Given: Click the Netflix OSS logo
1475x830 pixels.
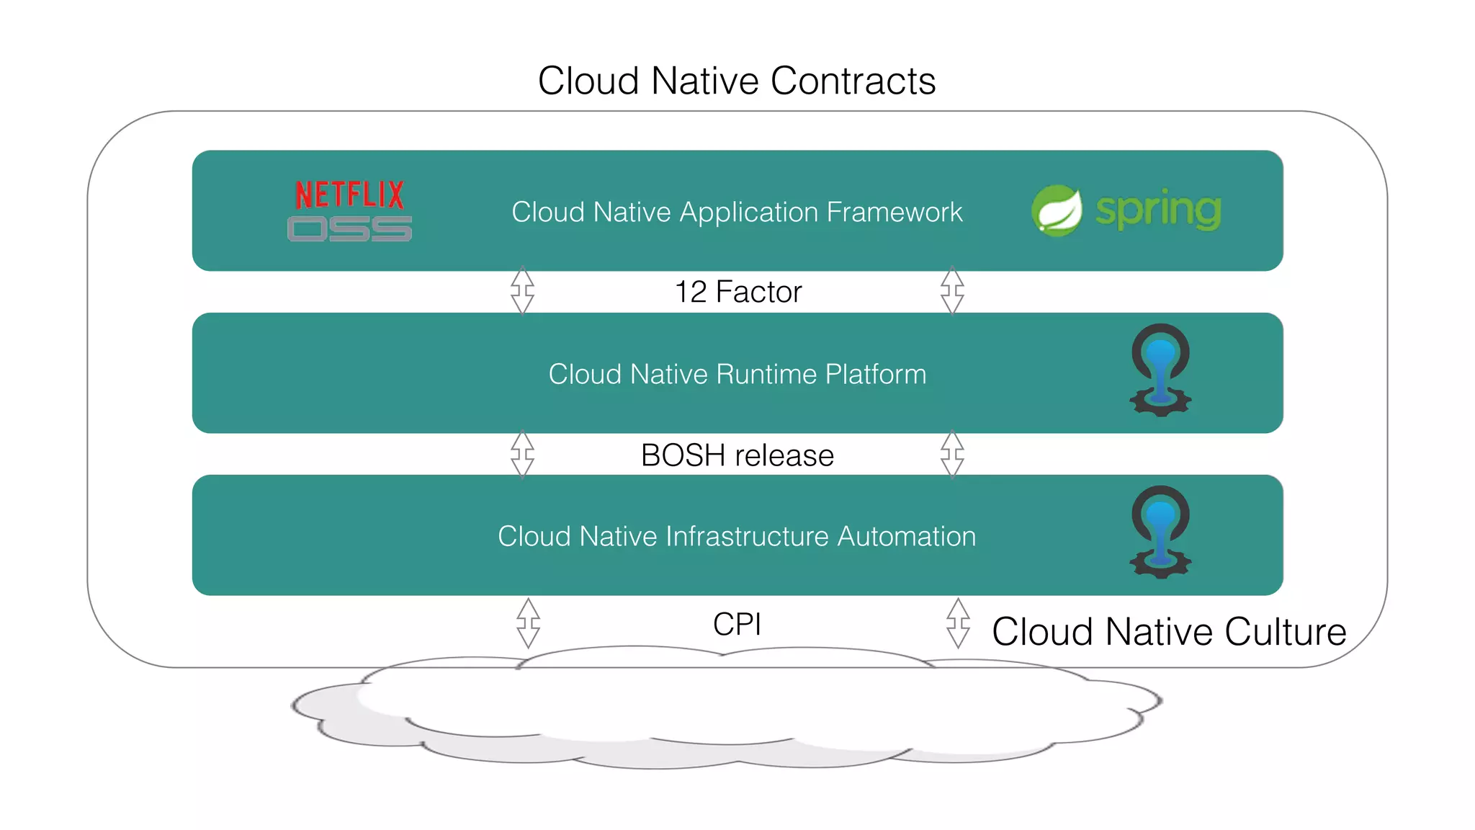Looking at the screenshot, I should [x=349, y=210].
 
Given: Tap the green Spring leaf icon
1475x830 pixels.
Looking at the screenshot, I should [x=1057, y=210].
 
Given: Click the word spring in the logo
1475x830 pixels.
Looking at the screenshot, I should [x=1158, y=210].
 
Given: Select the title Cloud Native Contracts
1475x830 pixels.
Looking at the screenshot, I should [x=736, y=81].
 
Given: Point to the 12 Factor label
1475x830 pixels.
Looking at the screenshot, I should [x=738, y=292].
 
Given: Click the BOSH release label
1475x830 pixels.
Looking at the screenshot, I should [x=737, y=455].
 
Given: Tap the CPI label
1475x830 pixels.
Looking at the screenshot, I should [x=737, y=624].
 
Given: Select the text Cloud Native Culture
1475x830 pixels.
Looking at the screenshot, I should [x=1168, y=632].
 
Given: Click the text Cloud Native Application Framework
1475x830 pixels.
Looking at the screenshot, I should [x=737, y=212].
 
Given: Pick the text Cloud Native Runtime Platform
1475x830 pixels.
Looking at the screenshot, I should [x=737, y=374].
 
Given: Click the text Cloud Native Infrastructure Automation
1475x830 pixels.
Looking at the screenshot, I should [x=737, y=536].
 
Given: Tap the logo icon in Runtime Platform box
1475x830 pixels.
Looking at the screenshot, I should [x=1160, y=370].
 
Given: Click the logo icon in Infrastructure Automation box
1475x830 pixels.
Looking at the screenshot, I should [x=1160, y=532].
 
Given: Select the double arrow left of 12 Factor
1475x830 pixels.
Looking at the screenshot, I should [x=522, y=290].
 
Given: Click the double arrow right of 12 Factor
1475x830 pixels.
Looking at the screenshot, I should [x=952, y=290].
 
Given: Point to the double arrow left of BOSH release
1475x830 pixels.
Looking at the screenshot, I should [x=522, y=455].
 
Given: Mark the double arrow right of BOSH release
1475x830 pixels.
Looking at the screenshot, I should [x=952, y=455].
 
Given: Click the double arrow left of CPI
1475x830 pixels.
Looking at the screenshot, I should [x=528, y=622].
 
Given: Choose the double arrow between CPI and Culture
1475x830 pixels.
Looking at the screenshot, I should [x=958, y=622].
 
